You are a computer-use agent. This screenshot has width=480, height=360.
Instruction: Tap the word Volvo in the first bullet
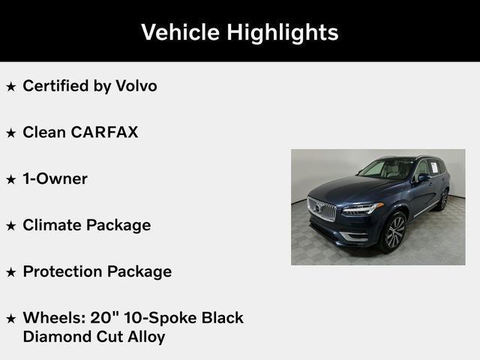(136, 85)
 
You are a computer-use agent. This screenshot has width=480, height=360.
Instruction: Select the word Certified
(55, 86)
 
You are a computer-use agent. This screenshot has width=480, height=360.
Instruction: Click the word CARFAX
(104, 132)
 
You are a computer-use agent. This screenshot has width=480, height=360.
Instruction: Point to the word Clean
(43, 132)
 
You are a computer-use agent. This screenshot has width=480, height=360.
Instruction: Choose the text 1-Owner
(55, 178)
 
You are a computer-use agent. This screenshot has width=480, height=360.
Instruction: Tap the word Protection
(64, 271)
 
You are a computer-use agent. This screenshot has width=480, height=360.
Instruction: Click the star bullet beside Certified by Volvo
(10, 87)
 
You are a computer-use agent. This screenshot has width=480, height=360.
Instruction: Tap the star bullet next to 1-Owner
(10, 180)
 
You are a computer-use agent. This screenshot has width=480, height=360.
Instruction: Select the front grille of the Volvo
(322, 208)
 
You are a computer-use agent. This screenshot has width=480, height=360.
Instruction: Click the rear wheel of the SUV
(443, 199)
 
